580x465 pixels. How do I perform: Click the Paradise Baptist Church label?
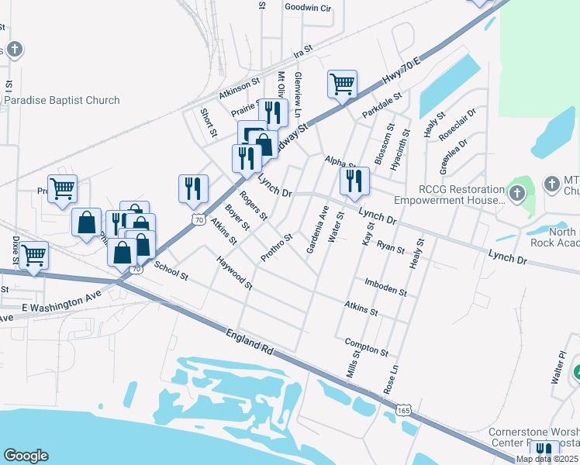tap(62, 100)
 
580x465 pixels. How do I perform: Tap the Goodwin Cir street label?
tap(308, 8)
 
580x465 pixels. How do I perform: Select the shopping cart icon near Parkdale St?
tap(342, 84)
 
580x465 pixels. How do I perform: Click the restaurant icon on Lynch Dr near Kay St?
tap(354, 181)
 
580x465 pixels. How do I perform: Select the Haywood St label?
tap(234, 272)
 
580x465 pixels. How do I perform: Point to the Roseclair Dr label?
tap(457, 125)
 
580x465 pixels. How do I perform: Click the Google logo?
tap(26, 456)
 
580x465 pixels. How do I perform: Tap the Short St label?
tap(208, 122)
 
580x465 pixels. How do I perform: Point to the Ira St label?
tap(302, 50)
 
